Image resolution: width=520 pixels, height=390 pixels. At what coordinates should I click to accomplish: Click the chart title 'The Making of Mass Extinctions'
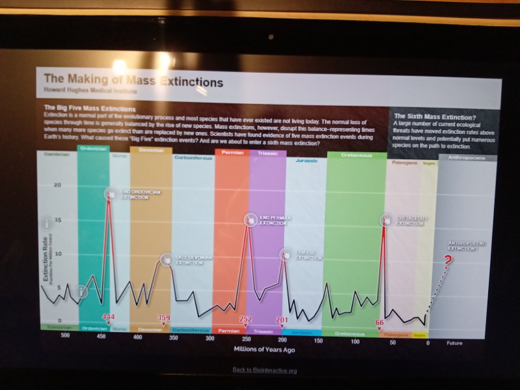pyautogui.click(x=133, y=82)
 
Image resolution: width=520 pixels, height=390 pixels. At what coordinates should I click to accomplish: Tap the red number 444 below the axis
pyautogui.click(x=109, y=317)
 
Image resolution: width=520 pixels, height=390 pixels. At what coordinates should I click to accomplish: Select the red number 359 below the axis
pyautogui.click(x=164, y=317)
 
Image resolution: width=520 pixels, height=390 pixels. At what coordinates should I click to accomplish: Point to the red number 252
pyautogui.click(x=246, y=318)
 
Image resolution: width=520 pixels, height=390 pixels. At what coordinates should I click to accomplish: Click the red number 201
pyautogui.click(x=281, y=320)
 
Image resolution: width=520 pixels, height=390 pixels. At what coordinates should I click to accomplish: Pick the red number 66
pyautogui.click(x=380, y=322)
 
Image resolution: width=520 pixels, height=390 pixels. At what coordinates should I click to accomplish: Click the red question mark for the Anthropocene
pyautogui.click(x=447, y=261)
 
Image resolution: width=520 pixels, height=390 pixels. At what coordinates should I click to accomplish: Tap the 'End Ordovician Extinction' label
pyautogui.click(x=135, y=194)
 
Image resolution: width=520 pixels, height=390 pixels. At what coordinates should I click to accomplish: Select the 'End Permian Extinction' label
pyautogui.click(x=275, y=220)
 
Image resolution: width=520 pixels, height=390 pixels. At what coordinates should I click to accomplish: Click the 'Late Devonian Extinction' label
pyautogui.click(x=194, y=260)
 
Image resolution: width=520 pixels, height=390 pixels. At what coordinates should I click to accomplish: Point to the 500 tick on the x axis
pyautogui.click(x=65, y=335)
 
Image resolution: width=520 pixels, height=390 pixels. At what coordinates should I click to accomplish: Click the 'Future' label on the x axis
pyautogui.click(x=454, y=343)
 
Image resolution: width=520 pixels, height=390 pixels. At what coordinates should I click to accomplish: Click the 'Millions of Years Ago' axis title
pyautogui.click(x=264, y=349)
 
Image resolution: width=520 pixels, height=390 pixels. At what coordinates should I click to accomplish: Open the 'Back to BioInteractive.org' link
pyautogui.click(x=265, y=370)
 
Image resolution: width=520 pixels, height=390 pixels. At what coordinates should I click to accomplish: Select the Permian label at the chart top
pyautogui.click(x=232, y=152)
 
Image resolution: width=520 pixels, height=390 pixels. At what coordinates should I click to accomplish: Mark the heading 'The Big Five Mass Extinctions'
pyautogui.click(x=89, y=108)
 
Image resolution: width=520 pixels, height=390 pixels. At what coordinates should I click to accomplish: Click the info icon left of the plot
pyautogui.click(x=46, y=224)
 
